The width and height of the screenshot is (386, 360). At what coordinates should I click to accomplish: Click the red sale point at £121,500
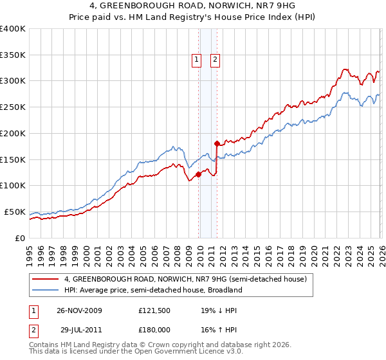point(198,174)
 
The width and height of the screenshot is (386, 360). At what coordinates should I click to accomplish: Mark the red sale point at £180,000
point(217,143)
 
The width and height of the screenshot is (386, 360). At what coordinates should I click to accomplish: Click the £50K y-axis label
point(15,212)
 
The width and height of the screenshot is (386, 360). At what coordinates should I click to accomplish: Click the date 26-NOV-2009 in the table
point(79,310)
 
